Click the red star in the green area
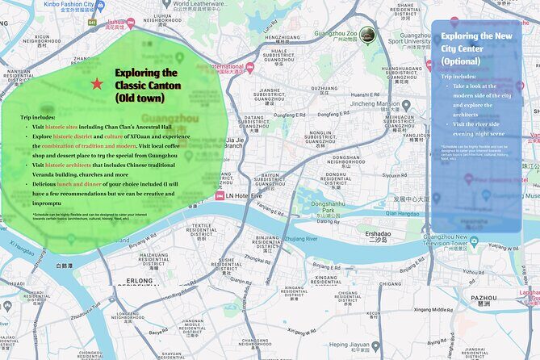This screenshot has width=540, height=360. click(98, 83)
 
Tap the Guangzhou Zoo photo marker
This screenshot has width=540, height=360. click(367, 34)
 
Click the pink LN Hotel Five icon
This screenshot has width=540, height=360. click(220, 196)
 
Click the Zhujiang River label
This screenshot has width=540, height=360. click(300, 239)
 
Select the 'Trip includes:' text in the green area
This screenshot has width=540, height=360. click(37, 117)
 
